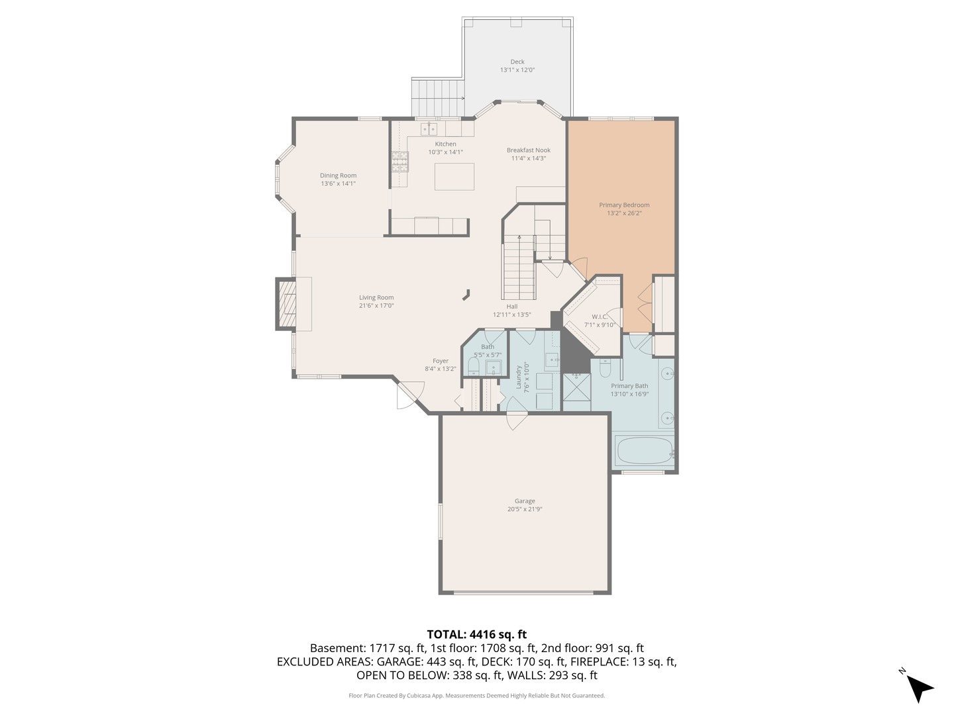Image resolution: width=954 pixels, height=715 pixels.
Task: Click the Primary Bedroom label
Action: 624,205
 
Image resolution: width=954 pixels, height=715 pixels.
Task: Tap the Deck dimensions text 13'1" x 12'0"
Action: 517,70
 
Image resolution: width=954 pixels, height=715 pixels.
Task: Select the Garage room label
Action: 525,501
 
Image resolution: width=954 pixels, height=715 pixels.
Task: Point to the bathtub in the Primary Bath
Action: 644,452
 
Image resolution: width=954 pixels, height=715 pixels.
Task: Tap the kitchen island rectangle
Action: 454,177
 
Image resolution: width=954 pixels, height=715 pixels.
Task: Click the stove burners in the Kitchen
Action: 399,162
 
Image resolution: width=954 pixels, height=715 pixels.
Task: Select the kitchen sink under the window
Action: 429,129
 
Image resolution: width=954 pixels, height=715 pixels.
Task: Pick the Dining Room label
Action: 338,175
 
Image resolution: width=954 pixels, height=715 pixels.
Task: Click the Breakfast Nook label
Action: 528,150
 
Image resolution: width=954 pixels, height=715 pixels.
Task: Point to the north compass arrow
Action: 918,687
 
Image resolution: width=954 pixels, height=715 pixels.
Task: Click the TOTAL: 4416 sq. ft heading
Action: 476,634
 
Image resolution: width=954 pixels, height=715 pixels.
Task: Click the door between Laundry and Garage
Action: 516,420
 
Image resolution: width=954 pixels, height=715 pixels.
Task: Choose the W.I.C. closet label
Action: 599,317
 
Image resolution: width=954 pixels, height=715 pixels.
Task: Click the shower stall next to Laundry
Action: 576,392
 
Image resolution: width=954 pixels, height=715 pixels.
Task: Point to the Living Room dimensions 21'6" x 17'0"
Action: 376,306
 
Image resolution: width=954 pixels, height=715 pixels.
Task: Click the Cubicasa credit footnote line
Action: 476,696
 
